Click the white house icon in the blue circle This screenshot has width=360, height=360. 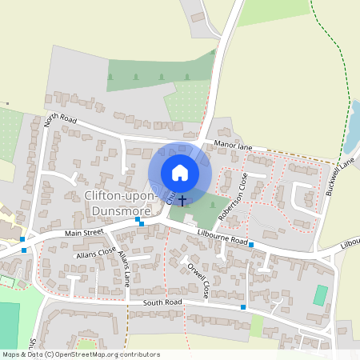(180, 172)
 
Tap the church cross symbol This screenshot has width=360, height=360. (182, 200)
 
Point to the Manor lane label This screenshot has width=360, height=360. (233, 146)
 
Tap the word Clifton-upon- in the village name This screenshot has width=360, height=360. (122, 197)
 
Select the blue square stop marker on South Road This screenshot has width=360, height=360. (243, 307)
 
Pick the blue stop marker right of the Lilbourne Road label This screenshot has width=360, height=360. (251, 244)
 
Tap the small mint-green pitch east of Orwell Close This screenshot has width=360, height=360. (320, 295)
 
